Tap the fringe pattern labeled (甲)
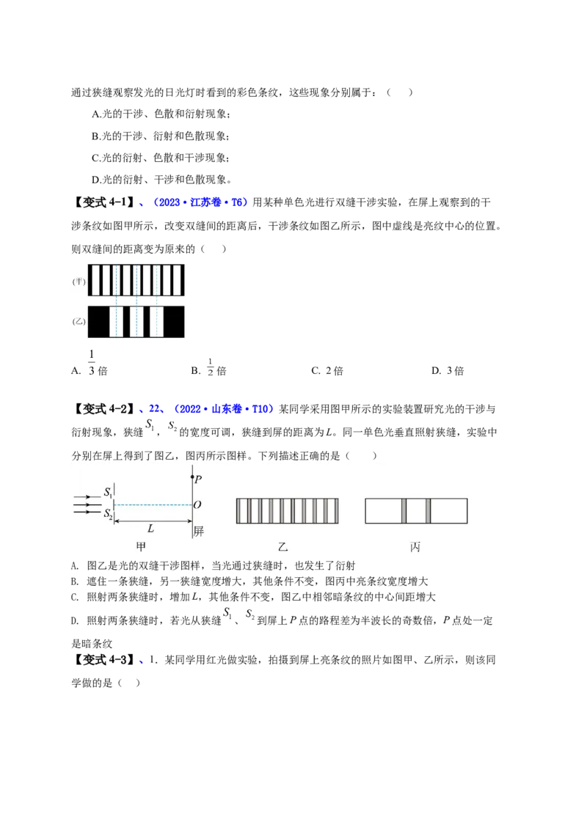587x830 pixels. coord(136,280)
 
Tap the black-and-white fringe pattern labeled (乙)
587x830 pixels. coord(136,321)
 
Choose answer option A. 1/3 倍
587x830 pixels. coord(90,363)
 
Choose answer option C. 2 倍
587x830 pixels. coord(327,370)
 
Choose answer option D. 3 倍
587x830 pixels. coord(448,370)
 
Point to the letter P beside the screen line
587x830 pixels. coord(198,480)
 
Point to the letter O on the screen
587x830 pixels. coord(197,504)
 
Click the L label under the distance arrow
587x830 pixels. coord(150,528)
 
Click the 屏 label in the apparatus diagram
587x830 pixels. coord(199,531)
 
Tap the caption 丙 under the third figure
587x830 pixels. coord(415,547)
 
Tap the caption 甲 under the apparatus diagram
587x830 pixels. coord(141,547)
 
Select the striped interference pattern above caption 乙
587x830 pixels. coord(287,511)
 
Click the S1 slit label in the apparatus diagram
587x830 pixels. coord(108,492)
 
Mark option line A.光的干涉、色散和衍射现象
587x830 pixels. coord(161,114)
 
